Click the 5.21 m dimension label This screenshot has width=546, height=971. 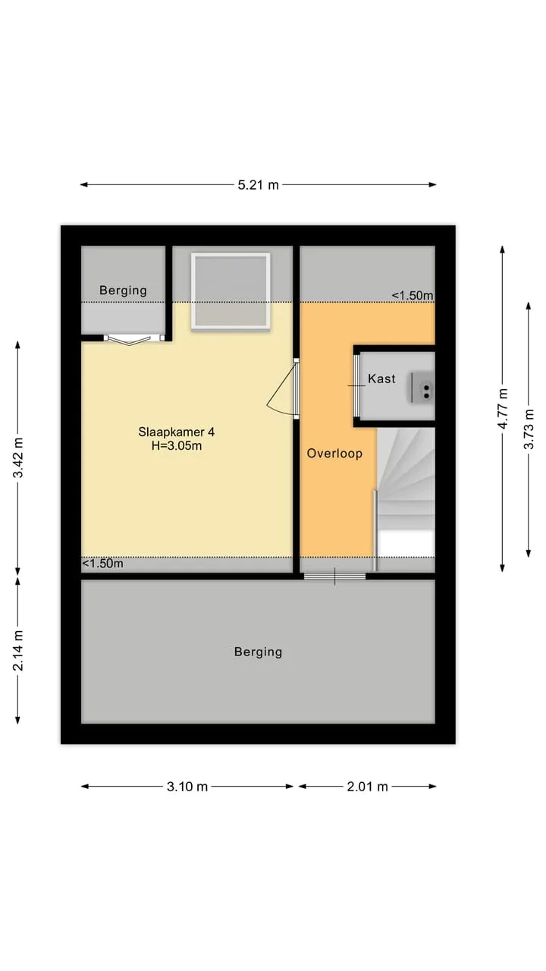tap(259, 185)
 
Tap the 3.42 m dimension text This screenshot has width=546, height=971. tap(18, 457)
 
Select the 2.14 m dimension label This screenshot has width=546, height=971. tap(18, 650)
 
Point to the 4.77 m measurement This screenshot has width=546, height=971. tap(503, 409)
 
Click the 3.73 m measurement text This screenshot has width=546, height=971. tap(529, 429)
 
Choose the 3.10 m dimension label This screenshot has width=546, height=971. tap(187, 787)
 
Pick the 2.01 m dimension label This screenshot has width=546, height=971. tap(368, 787)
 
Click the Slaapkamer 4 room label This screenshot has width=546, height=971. tap(177, 432)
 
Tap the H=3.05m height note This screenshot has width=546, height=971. tap(177, 445)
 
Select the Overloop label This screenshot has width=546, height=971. tap(334, 454)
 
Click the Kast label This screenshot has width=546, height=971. tap(381, 379)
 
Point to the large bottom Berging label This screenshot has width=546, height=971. tap(259, 652)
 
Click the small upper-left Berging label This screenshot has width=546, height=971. tap(123, 291)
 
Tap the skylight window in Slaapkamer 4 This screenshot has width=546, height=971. tap(231, 291)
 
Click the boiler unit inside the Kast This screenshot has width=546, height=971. tap(421, 388)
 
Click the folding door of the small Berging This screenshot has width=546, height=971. tap(134, 340)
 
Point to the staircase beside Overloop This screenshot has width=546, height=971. tap(405, 493)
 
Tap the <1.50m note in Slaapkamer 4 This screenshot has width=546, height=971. tap(102, 564)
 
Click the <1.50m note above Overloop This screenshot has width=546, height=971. tap(413, 296)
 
